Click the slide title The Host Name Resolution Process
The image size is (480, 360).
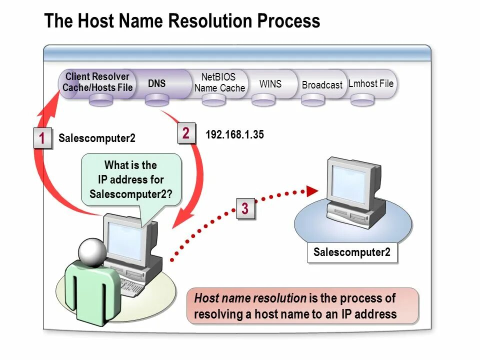click(182, 21)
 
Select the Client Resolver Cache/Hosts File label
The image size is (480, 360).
click(97, 82)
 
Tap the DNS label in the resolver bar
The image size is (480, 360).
click(156, 83)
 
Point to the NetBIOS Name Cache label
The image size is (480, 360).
click(219, 82)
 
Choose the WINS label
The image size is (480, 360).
click(270, 83)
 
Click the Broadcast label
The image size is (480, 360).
click(322, 85)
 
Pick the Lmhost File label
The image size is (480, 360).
click(371, 83)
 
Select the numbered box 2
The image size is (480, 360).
click(186, 133)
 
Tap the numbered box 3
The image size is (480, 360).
click(245, 208)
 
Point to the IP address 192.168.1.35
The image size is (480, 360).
click(234, 134)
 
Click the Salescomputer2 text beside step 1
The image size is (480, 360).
click(96, 138)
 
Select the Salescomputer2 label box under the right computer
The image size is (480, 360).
click(351, 252)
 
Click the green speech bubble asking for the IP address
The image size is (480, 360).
click(130, 179)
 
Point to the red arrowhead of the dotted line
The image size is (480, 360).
click(312, 190)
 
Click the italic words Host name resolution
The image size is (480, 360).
click(250, 298)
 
